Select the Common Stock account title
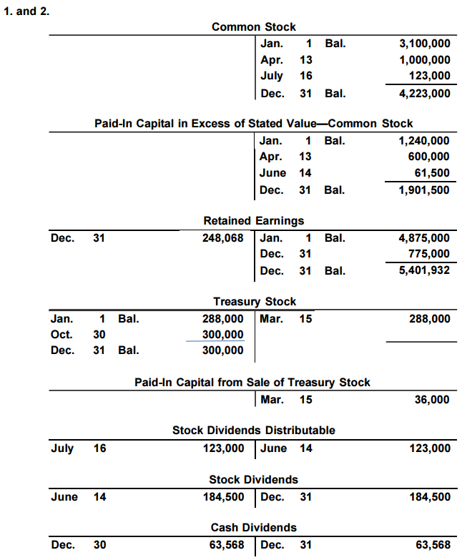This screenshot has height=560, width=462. [x=253, y=26]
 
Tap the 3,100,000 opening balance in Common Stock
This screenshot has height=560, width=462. [x=424, y=44]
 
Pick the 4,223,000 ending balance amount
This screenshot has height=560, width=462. [x=424, y=93]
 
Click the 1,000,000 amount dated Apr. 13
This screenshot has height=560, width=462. [x=424, y=60]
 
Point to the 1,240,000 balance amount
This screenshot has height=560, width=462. [x=424, y=141]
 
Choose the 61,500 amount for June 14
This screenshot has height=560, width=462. [x=432, y=173]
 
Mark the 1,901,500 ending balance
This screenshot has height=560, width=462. [x=424, y=190]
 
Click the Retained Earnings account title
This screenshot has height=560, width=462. [x=253, y=220]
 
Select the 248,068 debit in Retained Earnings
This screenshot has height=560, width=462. [x=223, y=238]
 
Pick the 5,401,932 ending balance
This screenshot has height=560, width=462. [x=424, y=270]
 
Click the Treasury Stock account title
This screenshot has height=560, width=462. [x=254, y=301]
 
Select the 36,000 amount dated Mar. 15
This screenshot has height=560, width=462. [x=432, y=400]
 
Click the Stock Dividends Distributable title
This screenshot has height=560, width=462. [x=253, y=431]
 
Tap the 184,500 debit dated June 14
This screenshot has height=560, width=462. [x=223, y=497]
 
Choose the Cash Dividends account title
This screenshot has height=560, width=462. [x=253, y=528]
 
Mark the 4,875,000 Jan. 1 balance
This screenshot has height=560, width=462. [x=424, y=238]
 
